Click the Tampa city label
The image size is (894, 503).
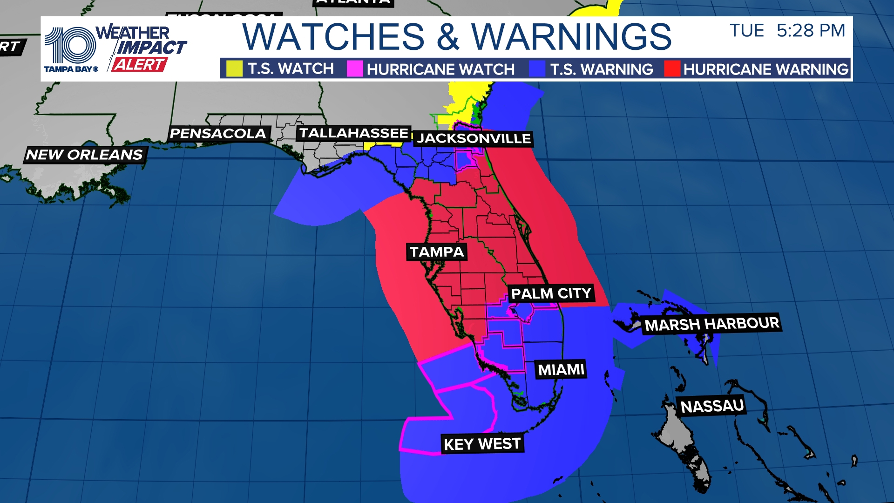(436, 252)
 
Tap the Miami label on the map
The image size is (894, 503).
(561, 370)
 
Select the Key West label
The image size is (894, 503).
(482, 444)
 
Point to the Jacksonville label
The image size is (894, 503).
(474, 138)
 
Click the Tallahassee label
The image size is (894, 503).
(353, 133)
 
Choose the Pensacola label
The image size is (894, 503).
(217, 134)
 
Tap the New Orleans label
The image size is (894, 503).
(84, 155)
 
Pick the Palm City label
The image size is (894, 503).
(551, 293)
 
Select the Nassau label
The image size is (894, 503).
(712, 406)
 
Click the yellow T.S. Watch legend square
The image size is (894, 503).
(234, 69)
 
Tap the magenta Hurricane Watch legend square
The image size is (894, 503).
(354, 69)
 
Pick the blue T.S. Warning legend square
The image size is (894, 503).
(537, 69)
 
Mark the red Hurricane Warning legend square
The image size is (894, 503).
(672, 69)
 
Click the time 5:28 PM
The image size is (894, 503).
(811, 31)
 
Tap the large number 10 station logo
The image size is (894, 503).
(70, 45)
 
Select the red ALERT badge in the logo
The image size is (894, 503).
(139, 65)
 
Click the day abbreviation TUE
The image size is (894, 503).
(747, 31)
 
